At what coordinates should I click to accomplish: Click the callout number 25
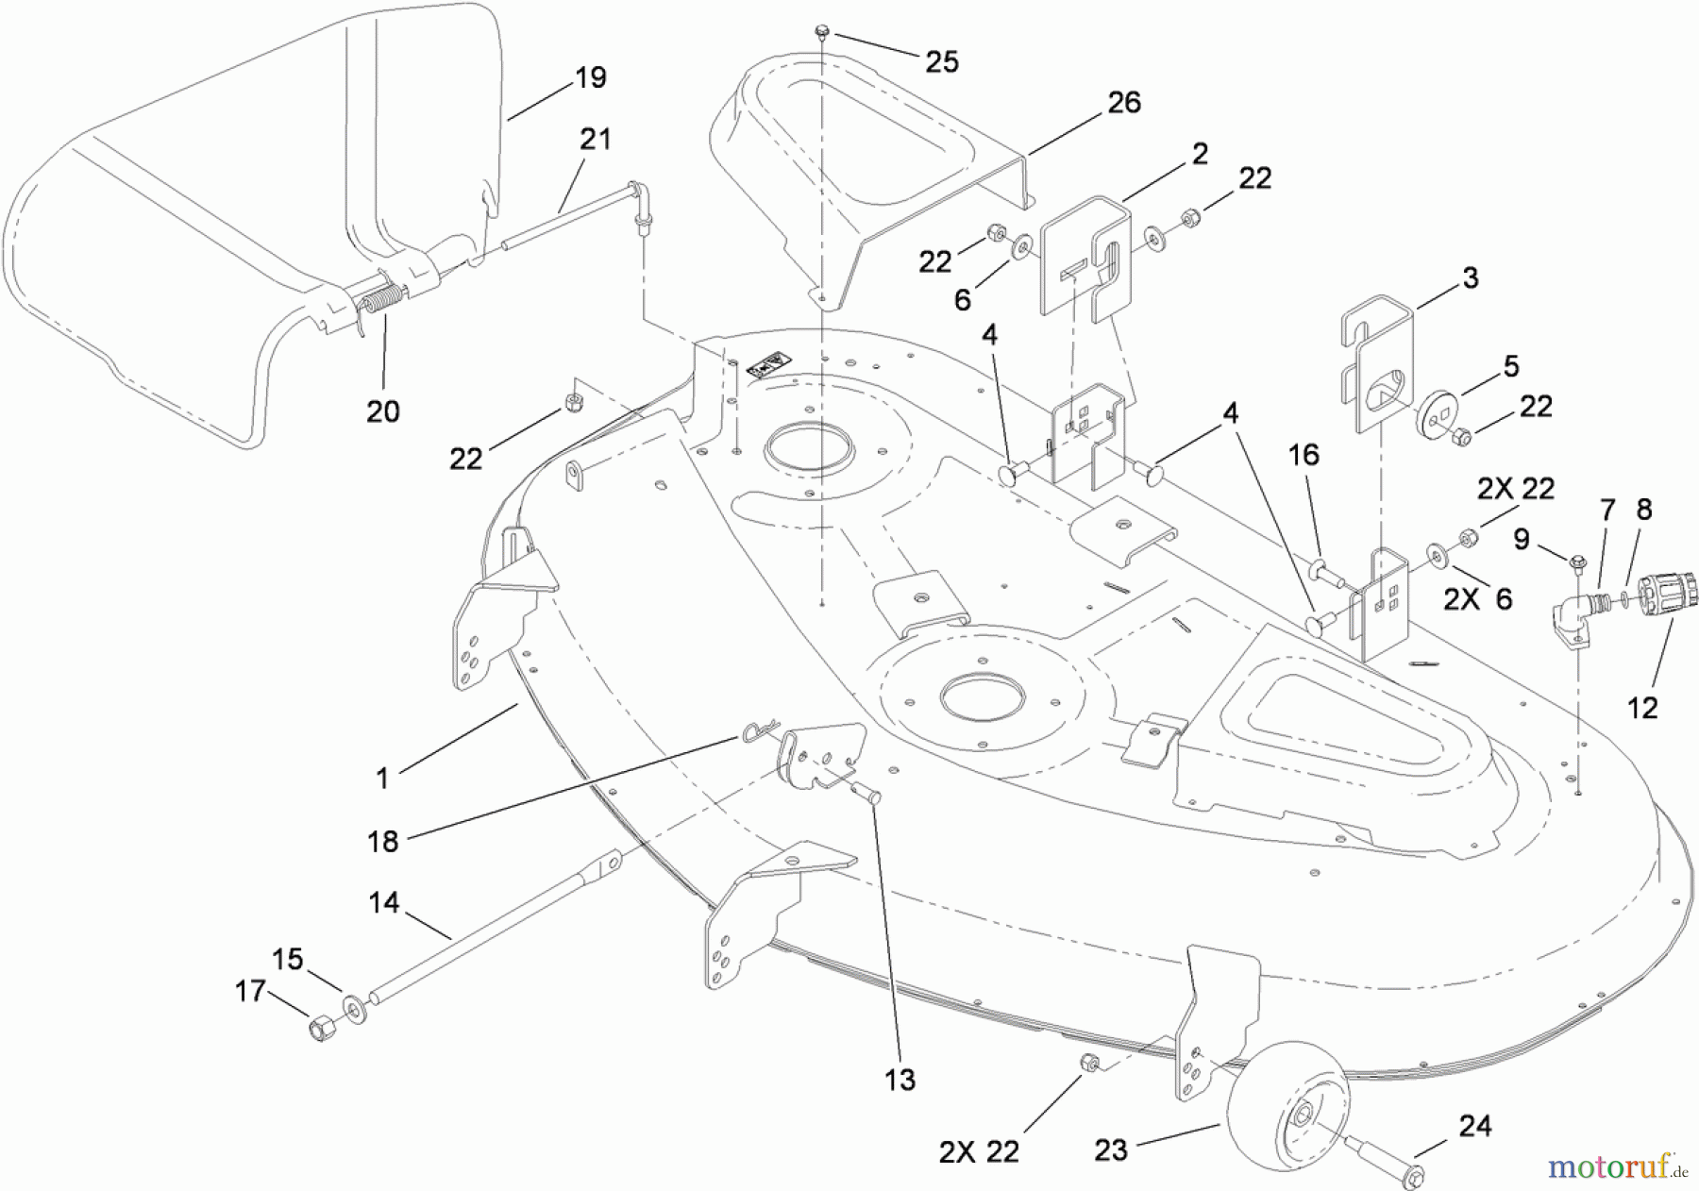click(941, 62)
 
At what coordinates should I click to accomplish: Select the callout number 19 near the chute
click(590, 77)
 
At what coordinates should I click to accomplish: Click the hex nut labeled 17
click(320, 1028)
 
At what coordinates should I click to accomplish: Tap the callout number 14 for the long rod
click(383, 903)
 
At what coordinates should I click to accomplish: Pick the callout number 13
click(900, 1080)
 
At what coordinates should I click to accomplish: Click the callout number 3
click(1470, 278)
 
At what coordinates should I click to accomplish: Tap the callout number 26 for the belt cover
click(1123, 102)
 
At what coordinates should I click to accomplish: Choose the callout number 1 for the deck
click(381, 779)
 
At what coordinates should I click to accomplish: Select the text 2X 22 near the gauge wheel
click(979, 1152)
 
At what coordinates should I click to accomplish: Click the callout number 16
click(1303, 455)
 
